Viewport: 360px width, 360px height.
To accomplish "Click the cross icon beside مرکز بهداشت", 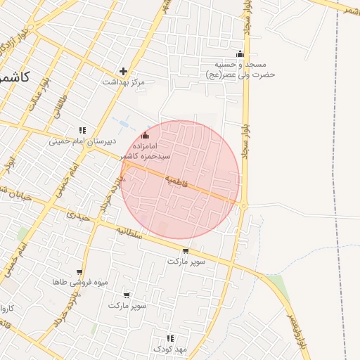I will (124, 71).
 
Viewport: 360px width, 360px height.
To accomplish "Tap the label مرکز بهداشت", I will (123, 82).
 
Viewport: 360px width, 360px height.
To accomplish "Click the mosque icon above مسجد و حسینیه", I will (240, 54).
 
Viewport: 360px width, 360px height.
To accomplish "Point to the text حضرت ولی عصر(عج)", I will (240, 74).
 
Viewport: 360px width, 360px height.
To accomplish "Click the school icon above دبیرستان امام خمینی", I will (82, 130).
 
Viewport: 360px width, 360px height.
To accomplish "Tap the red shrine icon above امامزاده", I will (146, 135).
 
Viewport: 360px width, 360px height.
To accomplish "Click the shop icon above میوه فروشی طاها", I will (79, 272).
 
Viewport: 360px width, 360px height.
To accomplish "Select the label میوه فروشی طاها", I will (79, 283).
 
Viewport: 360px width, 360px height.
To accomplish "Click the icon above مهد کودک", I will (169, 338).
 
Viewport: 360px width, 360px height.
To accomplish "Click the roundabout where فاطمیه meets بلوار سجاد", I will (244, 205).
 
